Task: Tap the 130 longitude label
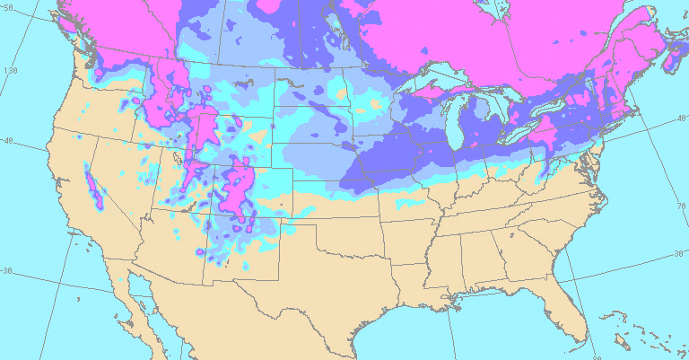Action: (x=12, y=70)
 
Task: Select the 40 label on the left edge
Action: (x=8, y=141)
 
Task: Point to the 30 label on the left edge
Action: (x=8, y=271)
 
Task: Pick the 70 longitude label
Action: (x=680, y=206)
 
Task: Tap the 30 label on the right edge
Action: (x=678, y=254)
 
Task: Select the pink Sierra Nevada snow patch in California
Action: (x=92, y=186)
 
